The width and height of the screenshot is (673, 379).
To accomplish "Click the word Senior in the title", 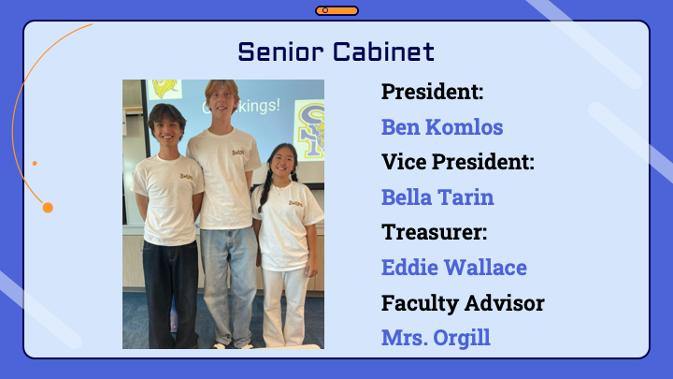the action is coord(280,51).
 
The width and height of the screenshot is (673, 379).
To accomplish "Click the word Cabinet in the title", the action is coord(384,51).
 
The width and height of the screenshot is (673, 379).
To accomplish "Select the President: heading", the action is coord(432,92).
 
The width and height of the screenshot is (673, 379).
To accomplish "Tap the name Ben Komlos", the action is coord(442,126).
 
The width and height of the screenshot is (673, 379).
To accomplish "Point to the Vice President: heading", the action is coord(458,162).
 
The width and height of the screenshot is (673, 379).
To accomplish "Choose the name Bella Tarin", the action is coord(437,197).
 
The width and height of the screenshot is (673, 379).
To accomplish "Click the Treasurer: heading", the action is coord(435,232).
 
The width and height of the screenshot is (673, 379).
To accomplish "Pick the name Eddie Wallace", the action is coord(454,268).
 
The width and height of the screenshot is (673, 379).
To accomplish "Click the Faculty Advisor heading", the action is coord(463,303).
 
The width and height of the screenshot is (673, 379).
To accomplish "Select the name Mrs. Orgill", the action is coord(436,338).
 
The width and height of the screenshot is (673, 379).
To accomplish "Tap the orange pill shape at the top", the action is coord(336,10).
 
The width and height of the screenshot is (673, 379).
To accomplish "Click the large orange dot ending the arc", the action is coord(48,208).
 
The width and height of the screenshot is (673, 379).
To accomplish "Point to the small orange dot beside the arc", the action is coord(35,163).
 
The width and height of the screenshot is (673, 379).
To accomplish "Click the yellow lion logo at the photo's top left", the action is coord(165,89).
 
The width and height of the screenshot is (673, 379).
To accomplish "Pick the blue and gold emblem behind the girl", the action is coord(310,129).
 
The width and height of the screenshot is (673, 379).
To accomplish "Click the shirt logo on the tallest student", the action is coord(238,153).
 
